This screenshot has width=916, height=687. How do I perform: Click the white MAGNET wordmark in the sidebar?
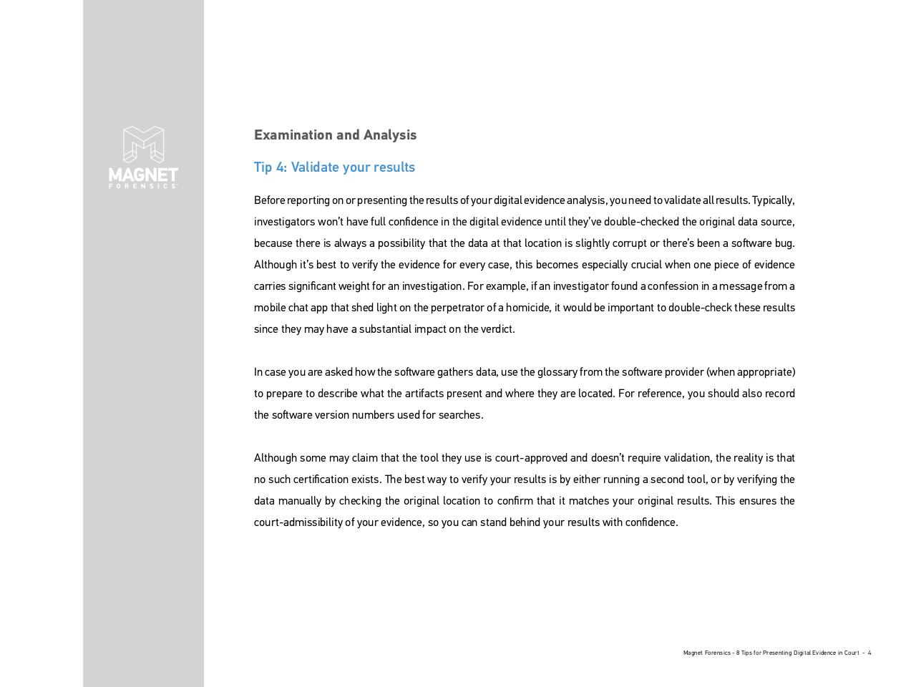coord(143,175)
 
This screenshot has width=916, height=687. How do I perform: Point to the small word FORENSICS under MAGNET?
coord(143,186)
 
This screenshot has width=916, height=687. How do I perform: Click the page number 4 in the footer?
coord(869,653)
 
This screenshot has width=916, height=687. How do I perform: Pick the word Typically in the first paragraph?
coord(772,200)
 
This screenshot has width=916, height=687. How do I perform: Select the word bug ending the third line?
coord(784,243)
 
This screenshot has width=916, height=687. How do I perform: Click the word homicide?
coord(528,308)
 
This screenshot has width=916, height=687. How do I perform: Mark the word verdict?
coord(499,329)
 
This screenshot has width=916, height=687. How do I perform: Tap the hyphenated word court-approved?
coord(531,458)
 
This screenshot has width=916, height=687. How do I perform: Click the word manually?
coord(300,501)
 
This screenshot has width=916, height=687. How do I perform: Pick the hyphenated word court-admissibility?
coord(298,522)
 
